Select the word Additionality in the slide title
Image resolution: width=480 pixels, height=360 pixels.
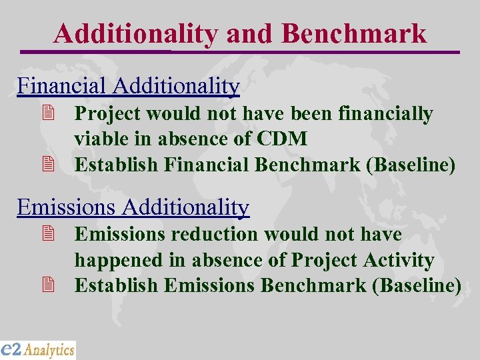(135, 33)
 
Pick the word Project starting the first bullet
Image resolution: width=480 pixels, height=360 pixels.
(107, 114)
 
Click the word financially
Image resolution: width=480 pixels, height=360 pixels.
(386, 114)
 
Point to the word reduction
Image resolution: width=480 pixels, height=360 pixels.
(214, 235)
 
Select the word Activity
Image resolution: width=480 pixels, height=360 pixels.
(399, 260)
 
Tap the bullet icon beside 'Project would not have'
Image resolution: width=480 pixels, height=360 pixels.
(47, 114)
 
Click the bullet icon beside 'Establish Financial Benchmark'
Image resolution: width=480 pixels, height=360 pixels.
(47, 165)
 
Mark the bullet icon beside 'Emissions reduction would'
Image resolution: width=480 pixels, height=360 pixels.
(47, 235)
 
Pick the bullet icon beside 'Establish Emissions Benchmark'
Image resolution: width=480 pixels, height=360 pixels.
(47, 285)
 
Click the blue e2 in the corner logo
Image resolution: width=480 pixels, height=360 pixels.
(11, 349)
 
